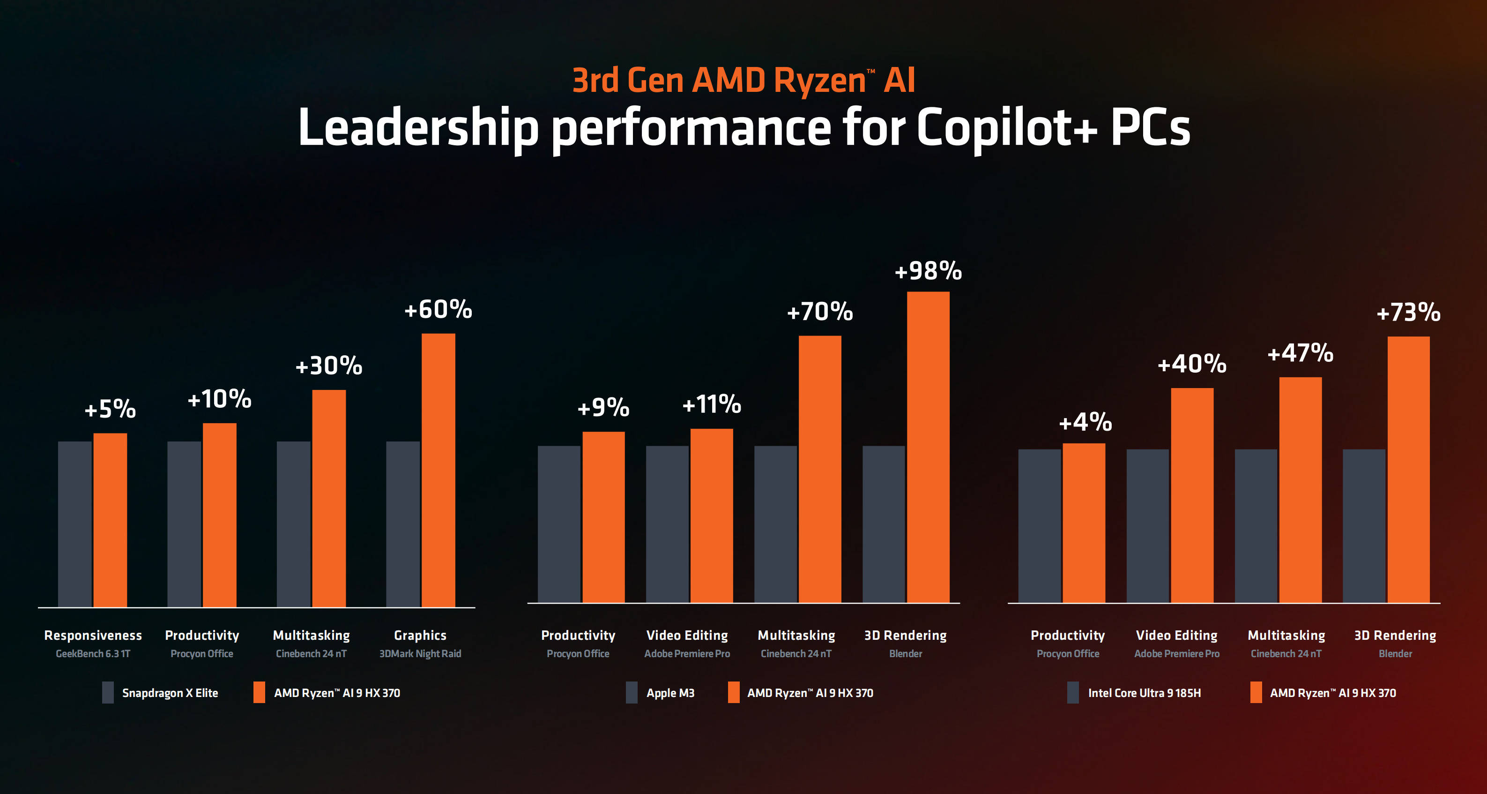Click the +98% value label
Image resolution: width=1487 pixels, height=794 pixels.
click(x=928, y=271)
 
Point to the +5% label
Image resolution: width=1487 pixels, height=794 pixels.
click(x=110, y=409)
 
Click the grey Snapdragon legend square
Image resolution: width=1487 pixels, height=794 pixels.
click(x=108, y=692)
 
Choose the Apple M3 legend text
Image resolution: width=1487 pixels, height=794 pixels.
click(x=670, y=693)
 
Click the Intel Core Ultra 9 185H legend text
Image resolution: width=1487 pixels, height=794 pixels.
click(x=1144, y=693)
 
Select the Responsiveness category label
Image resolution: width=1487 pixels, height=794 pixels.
click(x=93, y=635)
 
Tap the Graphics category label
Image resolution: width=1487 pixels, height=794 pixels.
click(x=420, y=635)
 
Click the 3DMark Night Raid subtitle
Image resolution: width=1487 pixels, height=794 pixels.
click(x=420, y=654)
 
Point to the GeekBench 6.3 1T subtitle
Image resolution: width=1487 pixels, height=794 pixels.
click(x=93, y=654)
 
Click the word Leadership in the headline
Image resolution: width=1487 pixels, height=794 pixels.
click(x=418, y=128)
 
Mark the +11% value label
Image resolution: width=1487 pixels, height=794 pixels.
click(x=712, y=404)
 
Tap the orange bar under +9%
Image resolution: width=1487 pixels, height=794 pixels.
click(x=603, y=517)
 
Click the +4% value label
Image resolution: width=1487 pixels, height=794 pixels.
click(x=1085, y=422)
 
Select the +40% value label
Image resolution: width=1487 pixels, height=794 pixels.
click(x=1192, y=364)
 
